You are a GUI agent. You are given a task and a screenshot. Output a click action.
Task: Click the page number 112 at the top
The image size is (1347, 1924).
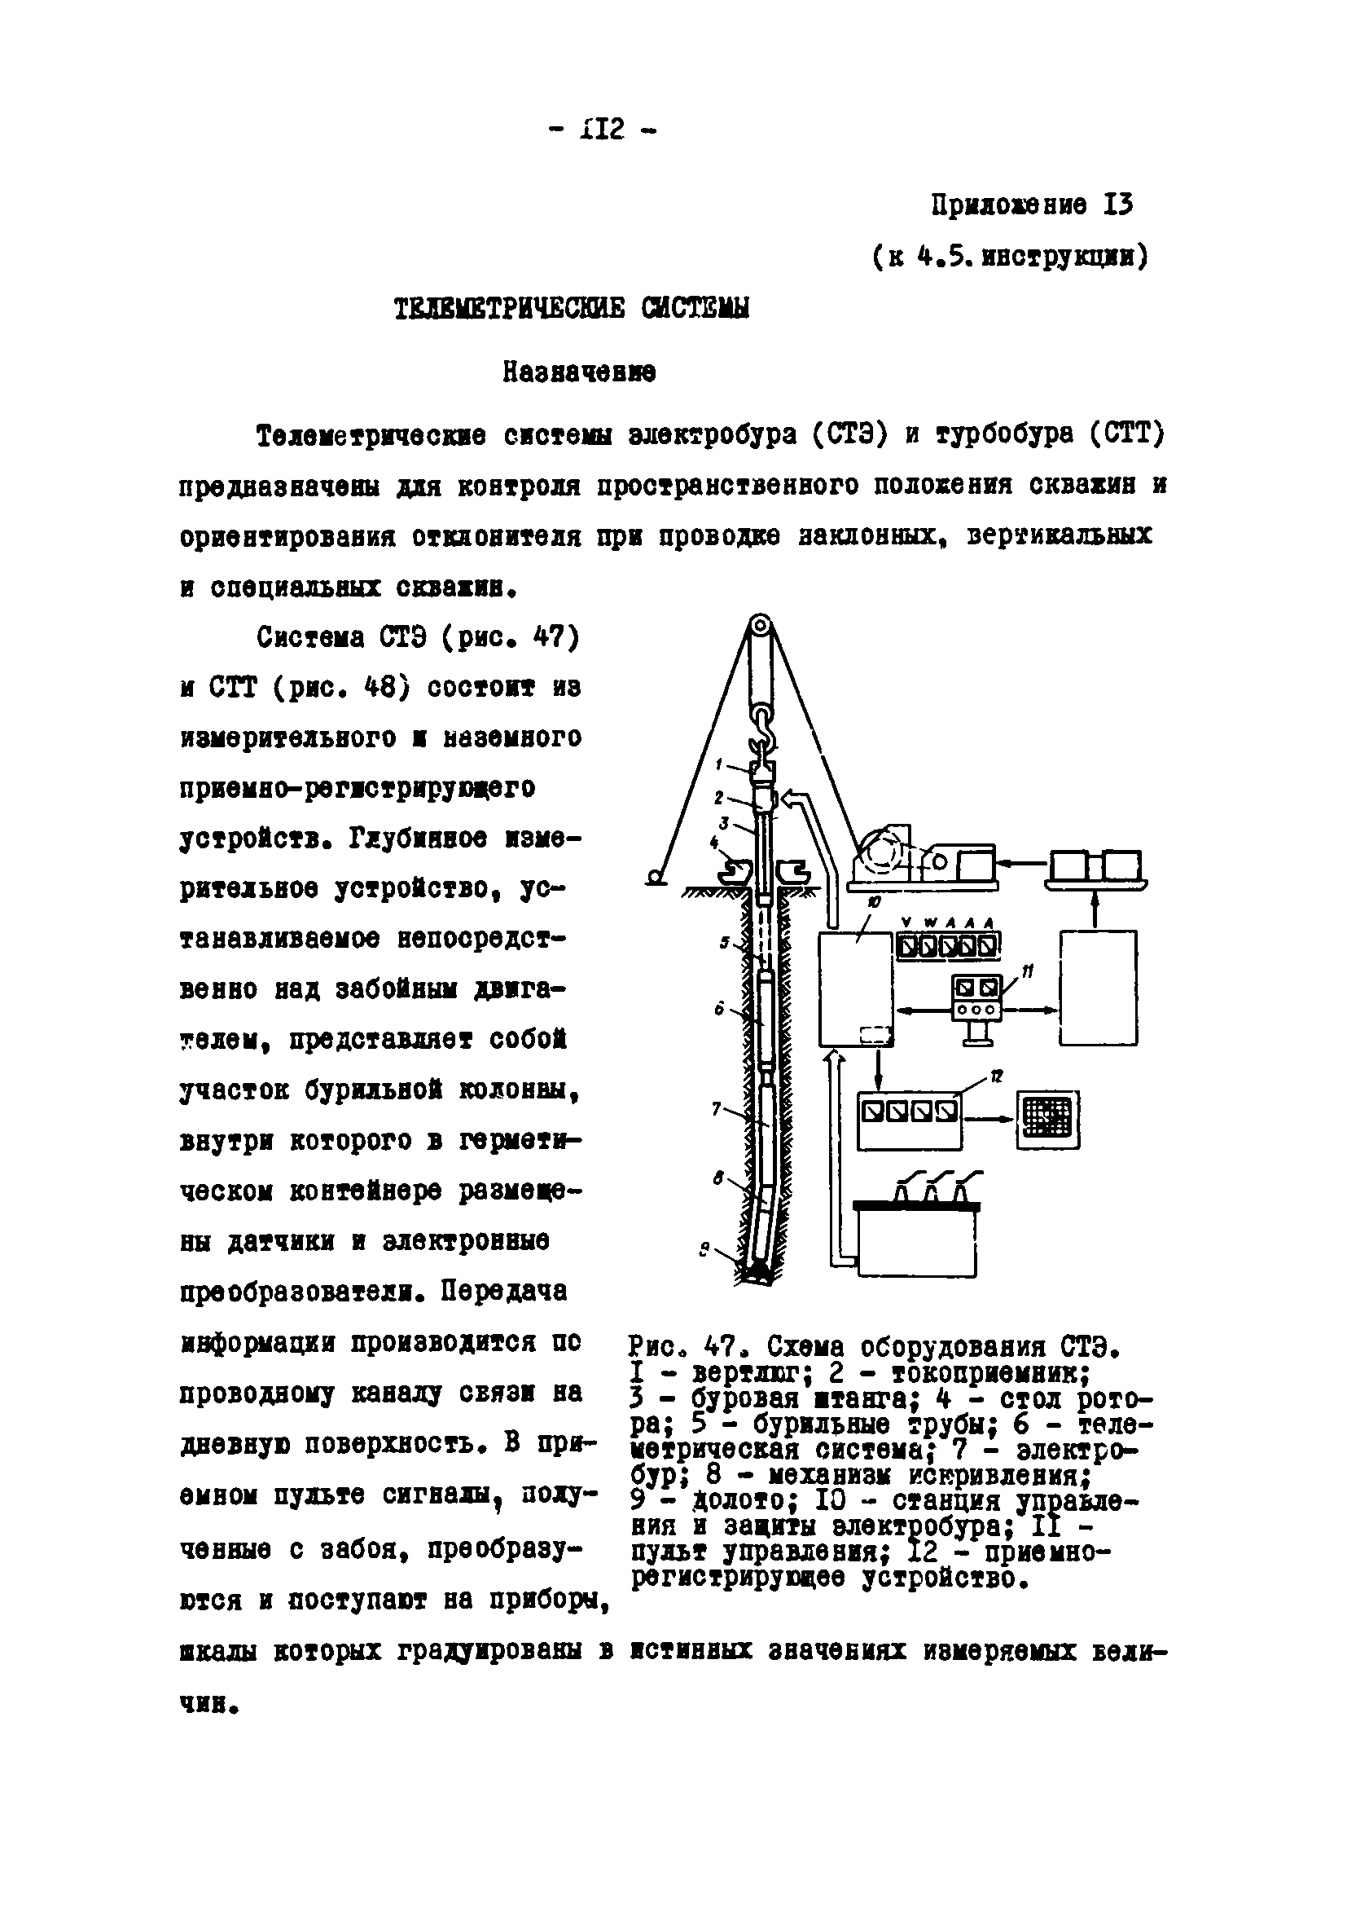click(x=602, y=130)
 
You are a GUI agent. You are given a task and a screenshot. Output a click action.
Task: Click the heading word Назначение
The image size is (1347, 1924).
click(x=579, y=372)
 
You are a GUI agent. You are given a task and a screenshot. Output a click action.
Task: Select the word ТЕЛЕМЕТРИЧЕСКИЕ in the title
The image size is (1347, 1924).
click(x=509, y=309)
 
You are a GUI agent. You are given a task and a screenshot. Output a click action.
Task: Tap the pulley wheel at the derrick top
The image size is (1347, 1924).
click(x=760, y=626)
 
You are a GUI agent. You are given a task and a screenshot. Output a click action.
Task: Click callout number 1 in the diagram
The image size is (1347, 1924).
click(x=720, y=764)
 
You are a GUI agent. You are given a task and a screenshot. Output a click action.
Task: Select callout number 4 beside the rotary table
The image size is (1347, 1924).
click(x=713, y=841)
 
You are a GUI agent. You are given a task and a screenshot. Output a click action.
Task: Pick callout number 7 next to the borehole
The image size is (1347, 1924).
click(x=716, y=1107)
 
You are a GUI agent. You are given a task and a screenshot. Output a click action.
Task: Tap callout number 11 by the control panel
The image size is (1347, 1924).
click(x=1028, y=971)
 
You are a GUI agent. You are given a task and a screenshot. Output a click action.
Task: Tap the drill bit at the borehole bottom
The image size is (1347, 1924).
click(x=759, y=1270)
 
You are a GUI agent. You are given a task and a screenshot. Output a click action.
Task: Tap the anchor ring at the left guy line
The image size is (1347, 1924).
click(x=656, y=878)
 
